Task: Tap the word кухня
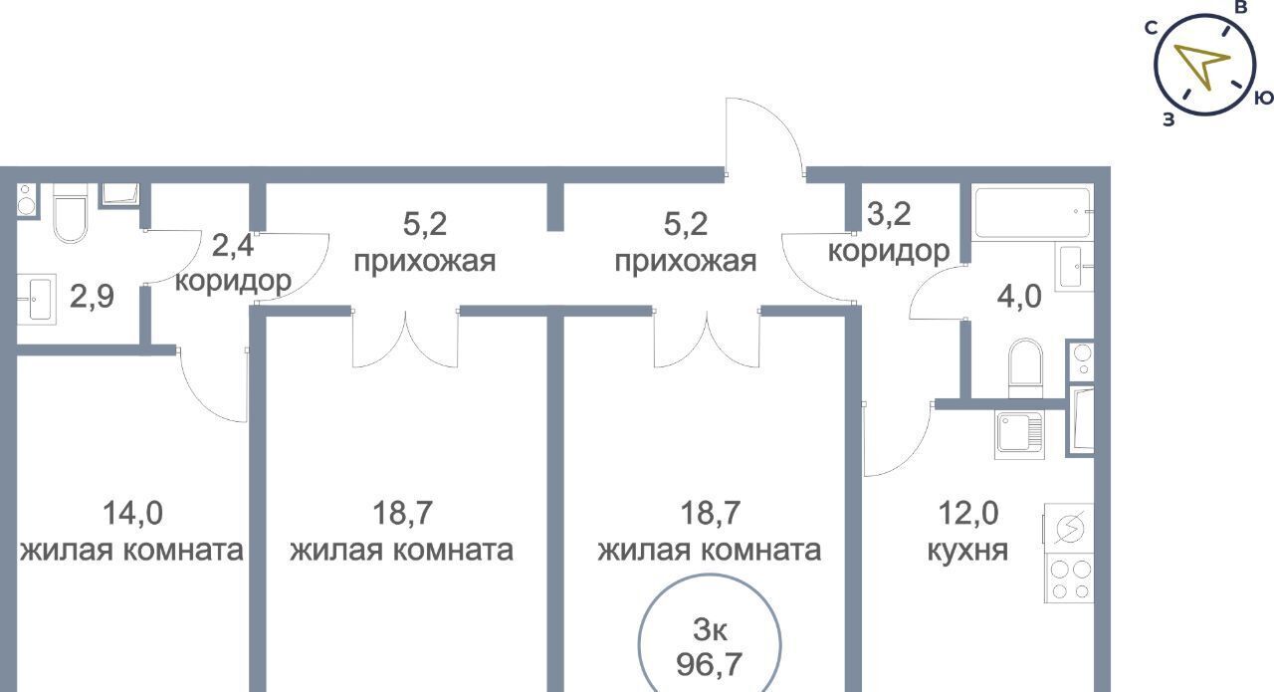coord(967,550)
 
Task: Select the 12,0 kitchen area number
coord(967,514)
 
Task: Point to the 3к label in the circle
coord(709,628)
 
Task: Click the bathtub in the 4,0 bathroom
coord(1031,212)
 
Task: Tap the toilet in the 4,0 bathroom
coord(1025,365)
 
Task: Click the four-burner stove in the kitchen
coord(1069,578)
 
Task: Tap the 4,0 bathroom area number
coord(1020,295)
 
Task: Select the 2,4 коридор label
coord(233,263)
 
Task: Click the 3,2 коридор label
coord(888,233)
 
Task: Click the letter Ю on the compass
coord(1263,98)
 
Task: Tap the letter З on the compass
coord(1168,119)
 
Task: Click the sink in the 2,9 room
coord(39,299)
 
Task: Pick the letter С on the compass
coord(1151,28)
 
